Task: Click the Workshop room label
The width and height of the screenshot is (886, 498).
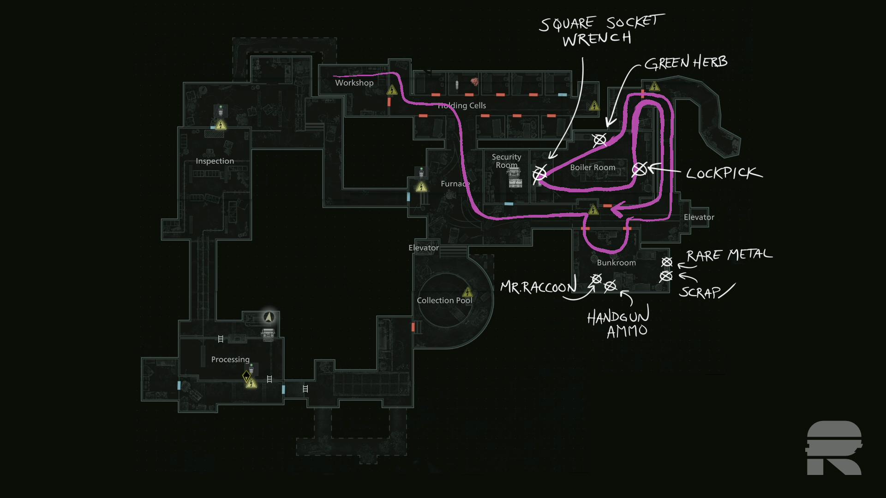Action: (x=354, y=83)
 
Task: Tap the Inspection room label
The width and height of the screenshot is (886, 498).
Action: (x=215, y=161)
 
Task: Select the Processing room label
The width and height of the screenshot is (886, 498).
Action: (x=230, y=359)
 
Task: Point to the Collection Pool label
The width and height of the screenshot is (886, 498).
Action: (x=444, y=300)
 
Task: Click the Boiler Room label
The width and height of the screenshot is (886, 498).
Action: (x=593, y=167)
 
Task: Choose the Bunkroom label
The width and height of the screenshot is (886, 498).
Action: (x=616, y=263)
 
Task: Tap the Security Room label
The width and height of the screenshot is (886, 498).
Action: (x=506, y=161)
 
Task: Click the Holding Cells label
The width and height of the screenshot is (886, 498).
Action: (x=462, y=106)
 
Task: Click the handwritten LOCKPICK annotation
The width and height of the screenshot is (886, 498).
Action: (x=723, y=173)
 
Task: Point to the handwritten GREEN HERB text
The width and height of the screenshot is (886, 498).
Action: (x=686, y=63)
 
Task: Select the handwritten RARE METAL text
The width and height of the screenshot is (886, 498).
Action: (x=729, y=255)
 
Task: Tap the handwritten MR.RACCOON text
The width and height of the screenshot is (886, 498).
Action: (x=538, y=288)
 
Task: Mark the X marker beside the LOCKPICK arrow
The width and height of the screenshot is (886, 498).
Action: (x=639, y=170)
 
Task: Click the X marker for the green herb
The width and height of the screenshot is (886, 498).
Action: (x=599, y=140)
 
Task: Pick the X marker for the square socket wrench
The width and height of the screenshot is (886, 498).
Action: (x=539, y=174)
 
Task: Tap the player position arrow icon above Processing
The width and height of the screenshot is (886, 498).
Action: (x=269, y=317)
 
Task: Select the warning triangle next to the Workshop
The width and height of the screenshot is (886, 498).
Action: (x=392, y=90)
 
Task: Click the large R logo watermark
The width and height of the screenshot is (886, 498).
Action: (x=834, y=448)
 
